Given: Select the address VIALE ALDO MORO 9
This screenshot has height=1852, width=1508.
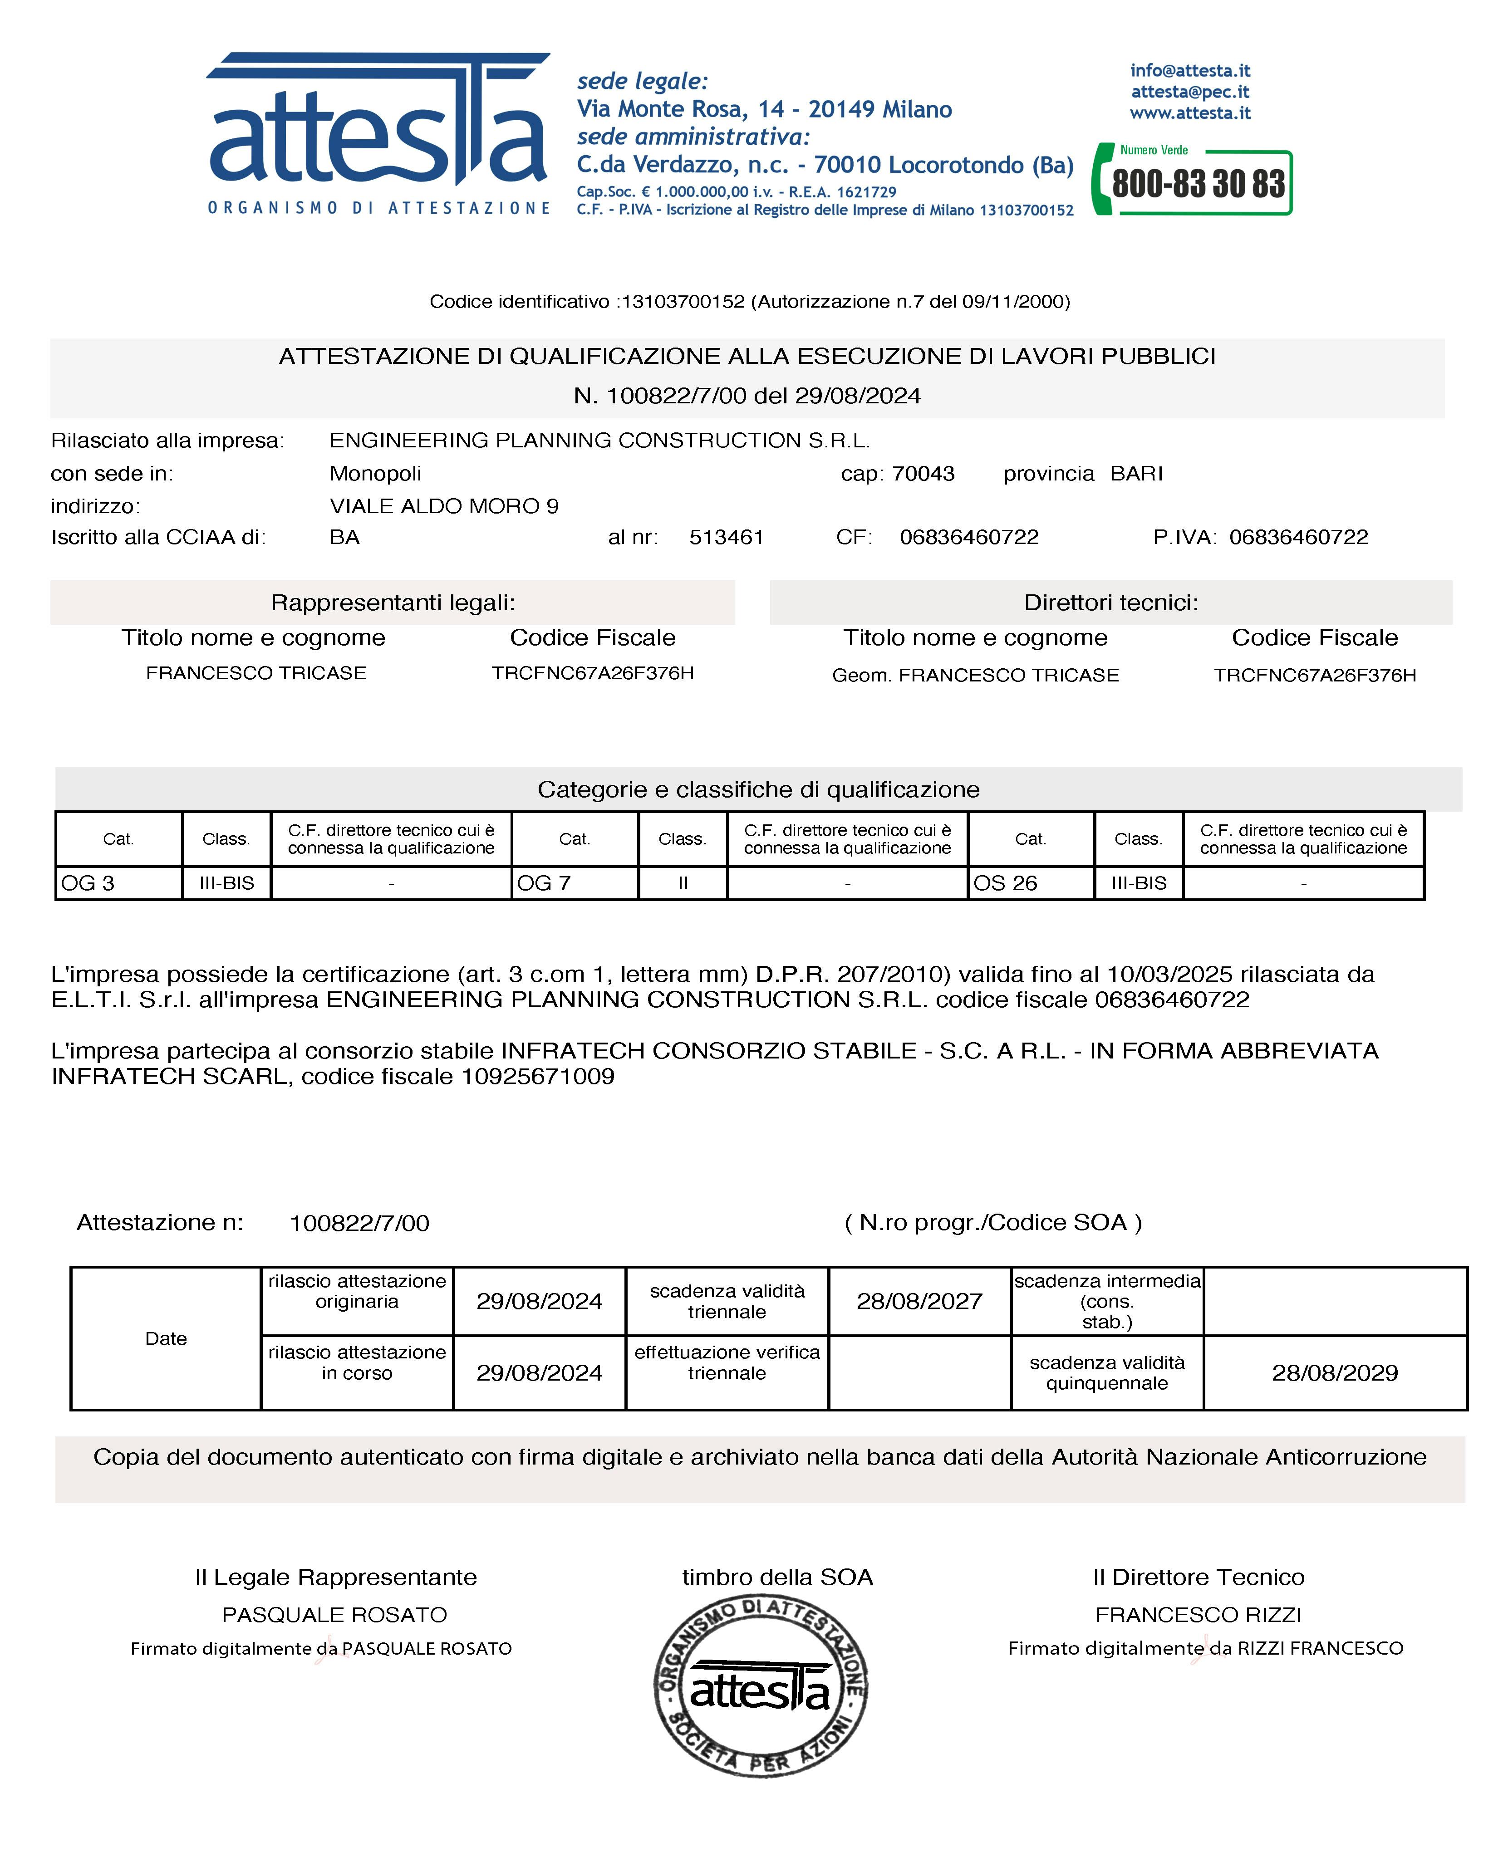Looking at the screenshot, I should (444, 506).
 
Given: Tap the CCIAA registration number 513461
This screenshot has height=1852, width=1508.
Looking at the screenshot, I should (726, 538).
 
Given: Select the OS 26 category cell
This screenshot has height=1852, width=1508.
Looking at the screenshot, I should (1030, 883).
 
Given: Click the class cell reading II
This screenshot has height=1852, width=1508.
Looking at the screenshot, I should (683, 883).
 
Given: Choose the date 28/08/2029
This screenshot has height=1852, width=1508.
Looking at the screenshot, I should (1334, 1373).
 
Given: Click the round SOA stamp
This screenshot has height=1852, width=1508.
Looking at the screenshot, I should (760, 1686).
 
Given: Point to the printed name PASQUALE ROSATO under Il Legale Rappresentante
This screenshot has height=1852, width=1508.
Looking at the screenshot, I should (334, 1615).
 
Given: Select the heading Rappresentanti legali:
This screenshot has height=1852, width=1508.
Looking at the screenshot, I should (393, 603).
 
